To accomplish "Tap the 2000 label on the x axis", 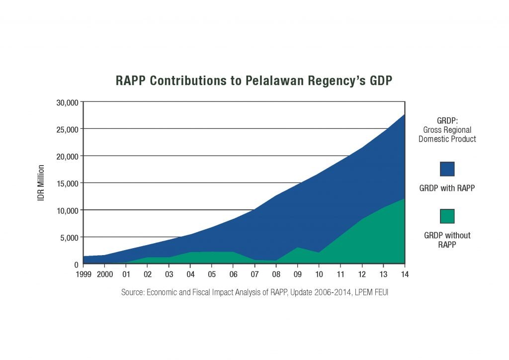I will (x=105, y=274).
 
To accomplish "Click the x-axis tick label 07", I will (x=255, y=274).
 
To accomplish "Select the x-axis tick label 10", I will (x=319, y=274).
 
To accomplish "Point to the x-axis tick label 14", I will (x=405, y=274).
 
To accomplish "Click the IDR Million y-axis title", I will (x=42, y=183).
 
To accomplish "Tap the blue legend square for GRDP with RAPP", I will (x=447, y=169).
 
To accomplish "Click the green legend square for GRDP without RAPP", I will (x=447, y=216).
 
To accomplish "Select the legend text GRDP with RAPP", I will (x=447, y=188).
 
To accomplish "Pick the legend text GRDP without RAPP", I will (x=447, y=240).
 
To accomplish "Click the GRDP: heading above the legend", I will (x=447, y=121).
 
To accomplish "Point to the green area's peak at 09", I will (x=298, y=247).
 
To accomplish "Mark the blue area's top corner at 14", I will (x=405, y=114).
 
